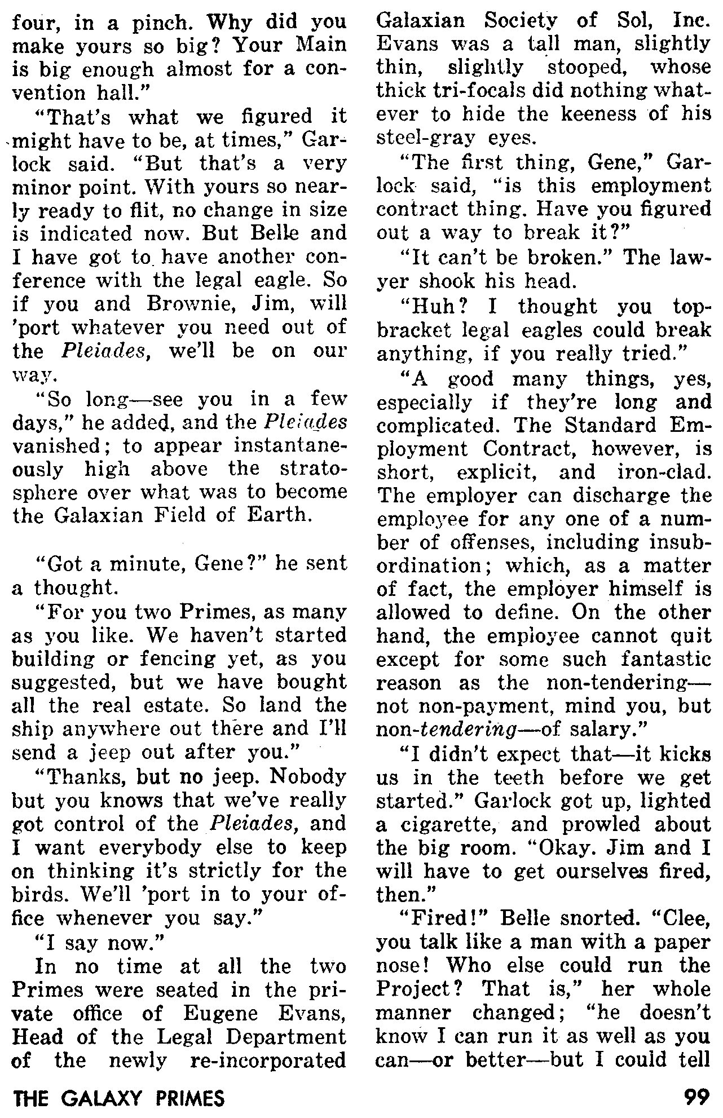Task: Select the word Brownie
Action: pos(182,304)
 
